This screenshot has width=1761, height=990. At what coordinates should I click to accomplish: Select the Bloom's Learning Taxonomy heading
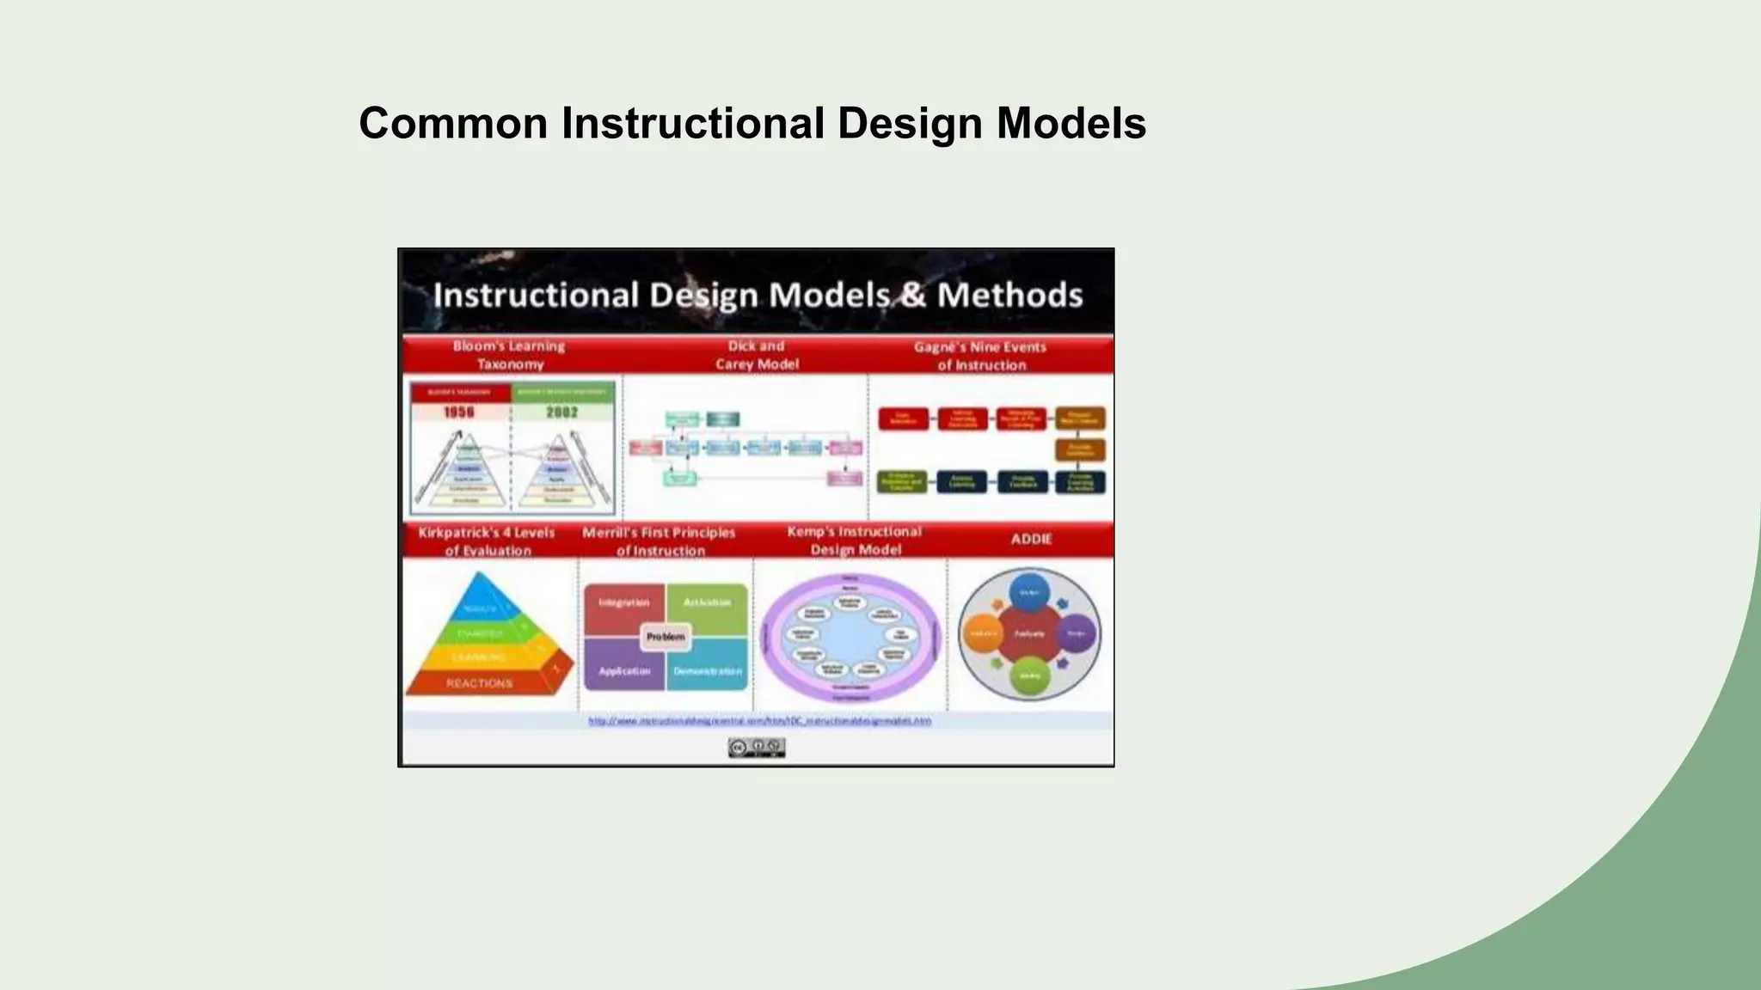(509, 355)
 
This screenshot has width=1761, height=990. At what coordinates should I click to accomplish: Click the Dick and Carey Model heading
(757, 355)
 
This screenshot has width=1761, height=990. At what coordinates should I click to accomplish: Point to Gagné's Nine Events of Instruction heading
(980, 356)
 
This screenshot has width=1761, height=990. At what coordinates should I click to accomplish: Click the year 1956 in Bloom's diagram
(459, 412)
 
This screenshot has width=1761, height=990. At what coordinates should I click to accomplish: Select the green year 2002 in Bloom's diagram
(562, 412)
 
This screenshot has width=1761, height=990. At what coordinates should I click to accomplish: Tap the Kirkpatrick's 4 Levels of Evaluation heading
(487, 541)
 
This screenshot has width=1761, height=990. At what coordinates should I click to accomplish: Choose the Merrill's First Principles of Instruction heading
(659, 541)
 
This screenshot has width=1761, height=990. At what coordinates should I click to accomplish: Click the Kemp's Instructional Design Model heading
(855, 541)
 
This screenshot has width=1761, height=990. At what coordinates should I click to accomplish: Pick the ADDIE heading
(1031, 539)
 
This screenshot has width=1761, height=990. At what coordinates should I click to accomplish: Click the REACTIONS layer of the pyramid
(479, 683)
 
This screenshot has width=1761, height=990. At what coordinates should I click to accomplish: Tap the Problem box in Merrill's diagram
(666, 637)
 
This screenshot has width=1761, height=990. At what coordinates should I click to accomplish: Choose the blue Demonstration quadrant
(708, 672)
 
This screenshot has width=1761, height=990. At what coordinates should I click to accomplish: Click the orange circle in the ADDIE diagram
(982, 633)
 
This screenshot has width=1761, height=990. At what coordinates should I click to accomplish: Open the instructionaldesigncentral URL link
(759, 721)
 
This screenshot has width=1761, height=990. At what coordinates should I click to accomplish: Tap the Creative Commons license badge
(757, 748)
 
